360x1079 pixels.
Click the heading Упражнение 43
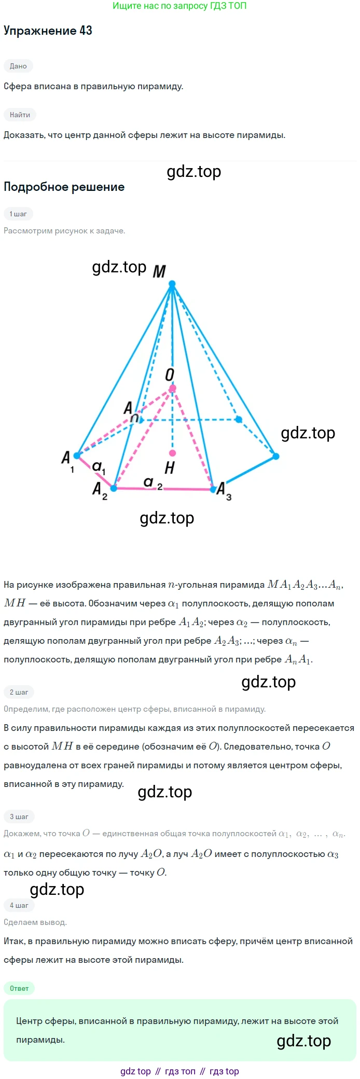coord(48,31)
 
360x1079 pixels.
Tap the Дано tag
coord(18,66)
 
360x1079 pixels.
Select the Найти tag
coord(20,115)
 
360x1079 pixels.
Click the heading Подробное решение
coord(64,187)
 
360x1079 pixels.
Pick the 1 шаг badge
coord(18,214)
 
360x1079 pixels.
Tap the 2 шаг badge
coord(19,692)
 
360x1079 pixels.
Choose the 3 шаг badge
coord(19,817)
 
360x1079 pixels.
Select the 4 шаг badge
coord(19,905)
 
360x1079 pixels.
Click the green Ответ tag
coord(19,988)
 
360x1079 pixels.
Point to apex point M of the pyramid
coord(172,284)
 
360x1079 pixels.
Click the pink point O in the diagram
coord(173,388)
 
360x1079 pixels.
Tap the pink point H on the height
coord(173,453)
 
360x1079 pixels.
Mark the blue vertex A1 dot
coord(77,455)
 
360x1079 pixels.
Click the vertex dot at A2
coord(114,488)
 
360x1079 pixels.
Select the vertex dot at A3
coord(213,489)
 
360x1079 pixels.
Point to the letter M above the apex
coord(159,271)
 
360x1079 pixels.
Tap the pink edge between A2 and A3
coord(163,489)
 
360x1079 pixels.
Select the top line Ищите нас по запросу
coord(179,6)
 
